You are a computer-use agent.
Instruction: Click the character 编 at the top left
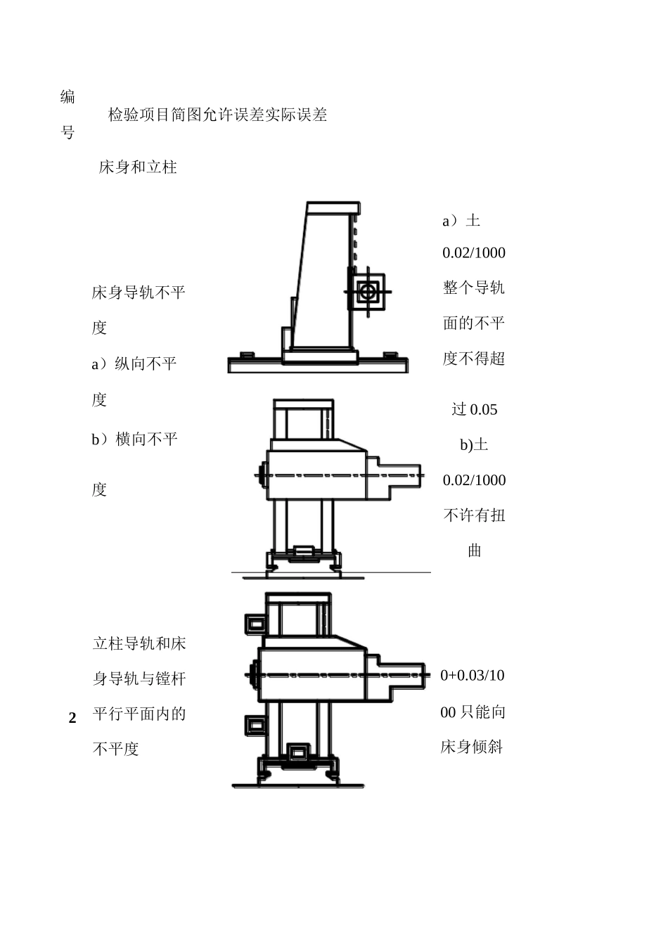click(68, 97)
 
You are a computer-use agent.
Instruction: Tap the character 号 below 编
click(68, 132)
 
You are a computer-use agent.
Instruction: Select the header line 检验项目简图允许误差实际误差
click(217, 115)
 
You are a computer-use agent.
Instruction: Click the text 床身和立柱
click(138, 167)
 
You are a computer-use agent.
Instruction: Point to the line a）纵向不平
click(134, 364)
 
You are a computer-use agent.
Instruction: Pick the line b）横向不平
click(134, 439)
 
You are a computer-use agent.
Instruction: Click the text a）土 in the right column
click(461, 221)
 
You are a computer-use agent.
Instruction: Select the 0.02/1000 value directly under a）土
click(474, 253)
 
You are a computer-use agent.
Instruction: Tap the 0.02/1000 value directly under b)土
click(474, 480)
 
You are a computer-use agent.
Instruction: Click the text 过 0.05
click(474, 409)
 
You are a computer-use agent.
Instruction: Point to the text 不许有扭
click(474, 515)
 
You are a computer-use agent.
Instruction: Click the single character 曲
click(475, 551)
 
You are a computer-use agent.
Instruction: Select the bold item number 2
click(72, 719)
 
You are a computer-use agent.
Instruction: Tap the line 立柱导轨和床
click(139, 643)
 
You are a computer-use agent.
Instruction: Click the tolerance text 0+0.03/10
click(473, 676)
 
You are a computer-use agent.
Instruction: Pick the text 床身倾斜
click(472, 747)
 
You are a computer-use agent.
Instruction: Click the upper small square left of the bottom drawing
click(255, 622)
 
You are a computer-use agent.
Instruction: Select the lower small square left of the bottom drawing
click(255, 725)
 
